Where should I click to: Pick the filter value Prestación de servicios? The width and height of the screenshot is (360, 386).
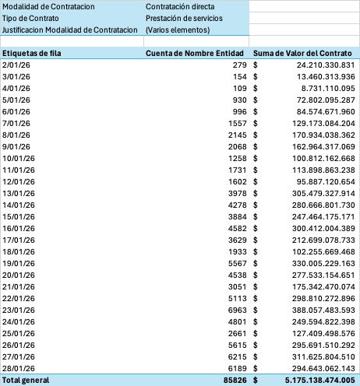click(189, 18)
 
